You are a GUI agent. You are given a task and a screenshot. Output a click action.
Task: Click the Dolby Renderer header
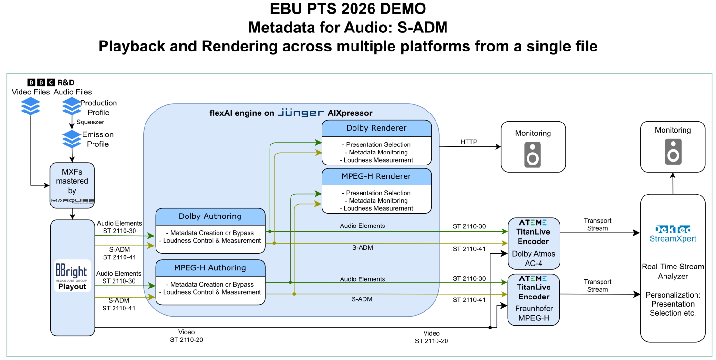[x=376, y=128]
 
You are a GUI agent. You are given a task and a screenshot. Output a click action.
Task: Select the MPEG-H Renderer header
[x=376, y=176]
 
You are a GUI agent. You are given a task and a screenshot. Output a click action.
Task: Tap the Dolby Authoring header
[x=210, y=216]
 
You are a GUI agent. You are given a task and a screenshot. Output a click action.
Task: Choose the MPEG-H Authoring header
[x=210, y=267]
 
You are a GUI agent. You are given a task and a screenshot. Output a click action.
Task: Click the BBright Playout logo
[x=72, y=276]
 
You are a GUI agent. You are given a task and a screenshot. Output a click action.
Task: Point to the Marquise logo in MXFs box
[x=72, y=201]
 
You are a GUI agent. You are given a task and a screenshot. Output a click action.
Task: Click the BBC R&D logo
[x=51, y=82]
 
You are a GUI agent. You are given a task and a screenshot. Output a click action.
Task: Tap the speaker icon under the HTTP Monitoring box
[x=533, y=154]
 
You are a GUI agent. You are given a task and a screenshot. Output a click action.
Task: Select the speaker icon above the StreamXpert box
[x=673, y=150]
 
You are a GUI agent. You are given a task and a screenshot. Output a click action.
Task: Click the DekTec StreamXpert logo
[x=673, y=234]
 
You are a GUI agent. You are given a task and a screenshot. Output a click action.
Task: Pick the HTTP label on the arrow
[x=469, y=142]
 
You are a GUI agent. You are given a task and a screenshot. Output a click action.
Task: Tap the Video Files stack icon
[x=31, y=106]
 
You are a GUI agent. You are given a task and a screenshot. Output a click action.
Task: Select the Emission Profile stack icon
[x=72, y=139]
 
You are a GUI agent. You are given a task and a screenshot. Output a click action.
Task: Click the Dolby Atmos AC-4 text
[x=533, y=258]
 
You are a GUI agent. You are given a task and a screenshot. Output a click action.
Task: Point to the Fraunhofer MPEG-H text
[x=533, y=313]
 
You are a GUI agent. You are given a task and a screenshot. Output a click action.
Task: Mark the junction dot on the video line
[x=490, y=328]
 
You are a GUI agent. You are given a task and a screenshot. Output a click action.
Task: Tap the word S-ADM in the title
[x=422, y=27]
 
